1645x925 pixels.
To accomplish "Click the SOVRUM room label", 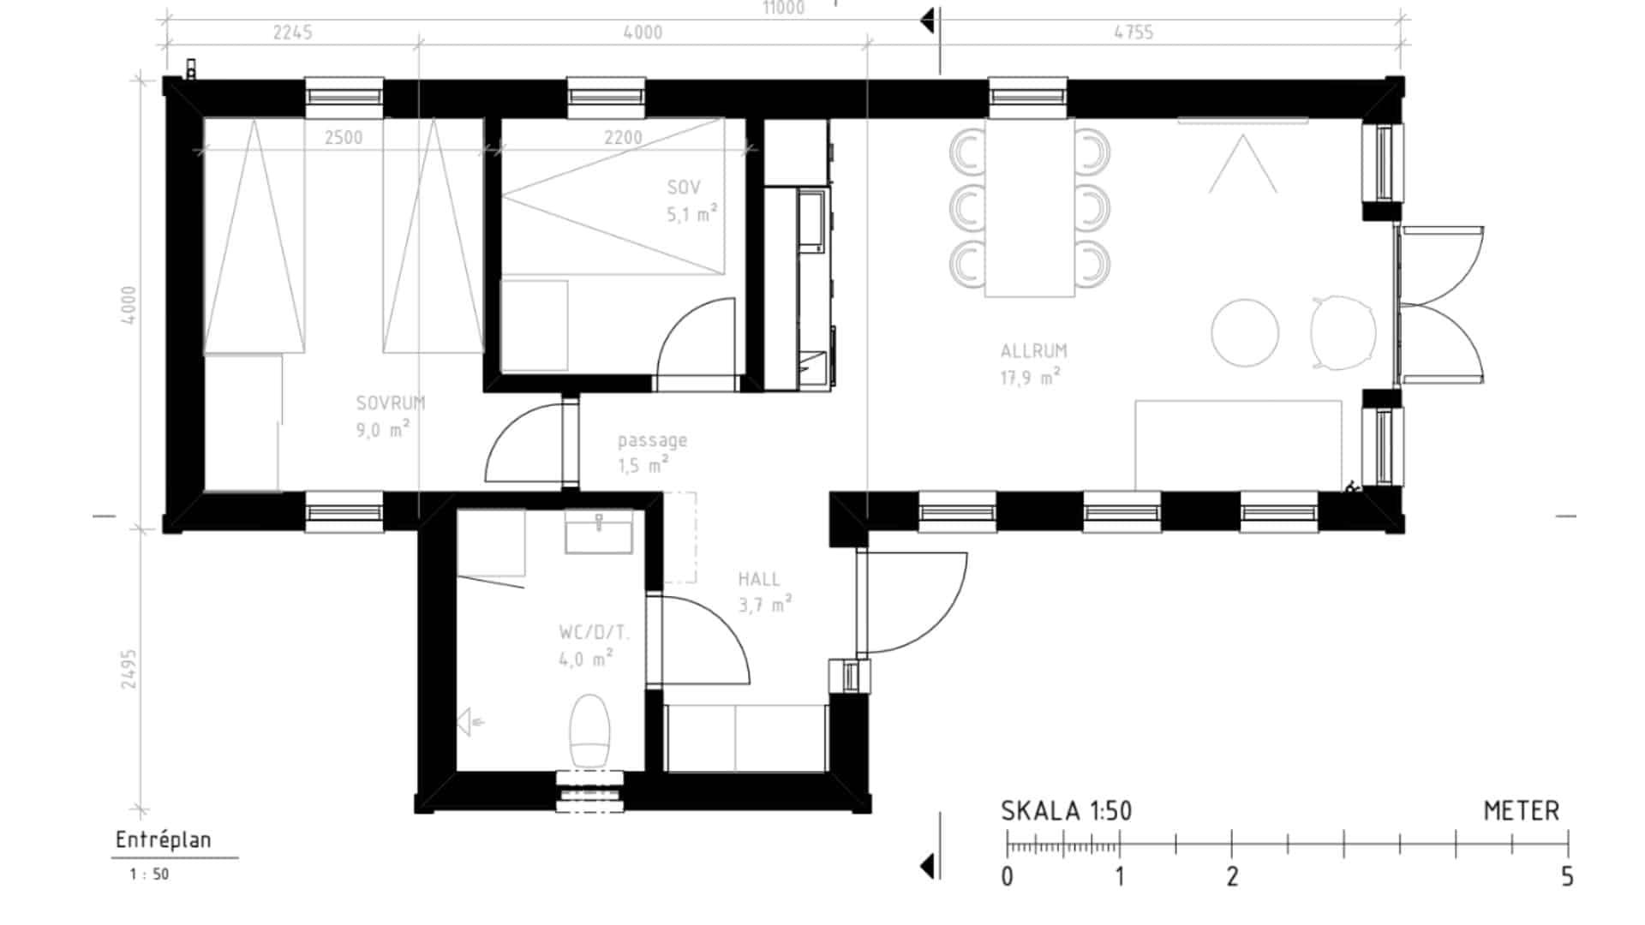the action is click(391, 403).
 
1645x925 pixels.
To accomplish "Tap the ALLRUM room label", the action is click(1034, 350).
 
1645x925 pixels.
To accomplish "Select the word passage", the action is click(653, 441).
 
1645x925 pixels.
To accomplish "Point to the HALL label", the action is click(759, 579).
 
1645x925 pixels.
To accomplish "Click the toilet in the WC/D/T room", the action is click(589, 731).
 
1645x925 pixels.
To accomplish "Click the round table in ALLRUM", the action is click(1245, 332).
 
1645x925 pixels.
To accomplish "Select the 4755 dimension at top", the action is click(1134, 33).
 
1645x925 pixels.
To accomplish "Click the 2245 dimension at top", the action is click(293, 33).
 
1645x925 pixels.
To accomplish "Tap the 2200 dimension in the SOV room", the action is click(623, 138).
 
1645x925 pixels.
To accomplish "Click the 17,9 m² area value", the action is click(1031, 377).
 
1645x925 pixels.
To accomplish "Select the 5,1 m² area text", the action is click(692, 213).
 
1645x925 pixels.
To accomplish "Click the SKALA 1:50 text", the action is click(1067, 810).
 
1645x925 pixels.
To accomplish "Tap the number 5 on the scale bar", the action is click(1567, 876).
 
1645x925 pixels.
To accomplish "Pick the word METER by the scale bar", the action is click(1522, 810).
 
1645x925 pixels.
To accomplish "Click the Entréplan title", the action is click(164, 840).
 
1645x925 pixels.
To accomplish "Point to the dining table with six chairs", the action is click(1030, 207).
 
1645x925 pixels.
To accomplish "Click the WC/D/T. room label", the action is click(594, 633).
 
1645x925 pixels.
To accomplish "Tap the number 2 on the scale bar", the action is click(1232, 876).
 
